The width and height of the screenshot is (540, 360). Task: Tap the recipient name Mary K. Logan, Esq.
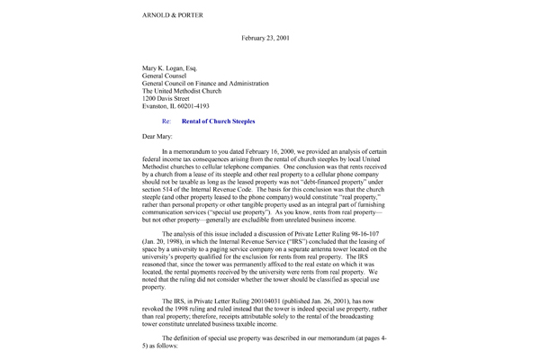point(169,67)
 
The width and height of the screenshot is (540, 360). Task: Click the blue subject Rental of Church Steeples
point(218,121)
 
